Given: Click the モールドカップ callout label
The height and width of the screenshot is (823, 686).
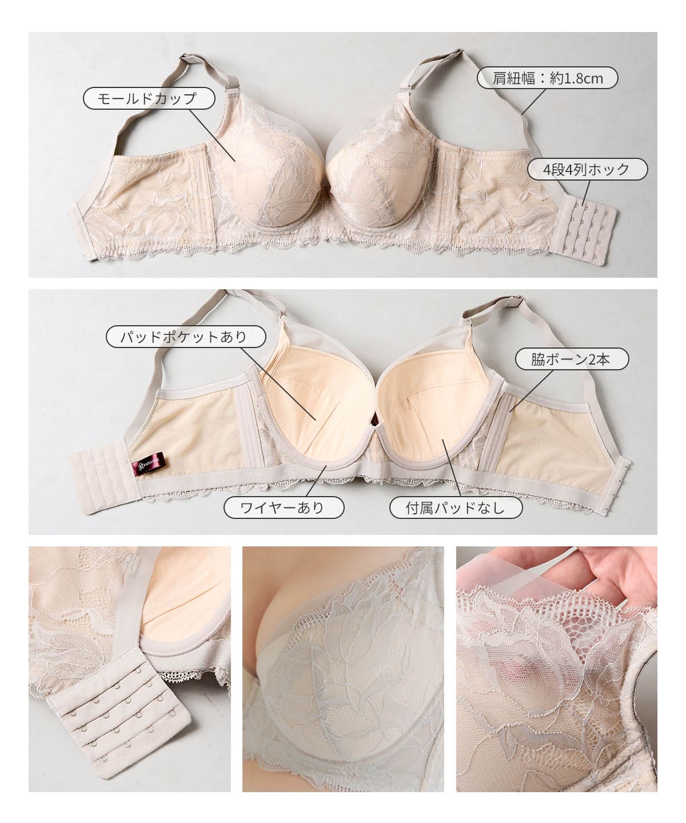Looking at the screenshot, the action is [149, 98].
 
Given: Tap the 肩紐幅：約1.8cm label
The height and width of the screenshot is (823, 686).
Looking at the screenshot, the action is [547, 78].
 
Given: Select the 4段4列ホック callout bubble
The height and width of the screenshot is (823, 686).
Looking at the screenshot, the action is [588, 170].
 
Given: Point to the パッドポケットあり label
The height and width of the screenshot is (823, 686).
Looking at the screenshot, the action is [186, 337].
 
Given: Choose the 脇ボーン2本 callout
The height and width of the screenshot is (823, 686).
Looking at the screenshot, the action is [572, 359].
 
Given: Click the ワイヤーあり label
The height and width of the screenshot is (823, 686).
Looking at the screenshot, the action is [284, 508].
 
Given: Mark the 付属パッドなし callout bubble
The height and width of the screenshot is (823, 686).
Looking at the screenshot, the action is [456, 508].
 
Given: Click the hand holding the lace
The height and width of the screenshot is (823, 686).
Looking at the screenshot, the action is [572, 573].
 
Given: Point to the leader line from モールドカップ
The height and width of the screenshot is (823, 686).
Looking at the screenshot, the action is [212, 135].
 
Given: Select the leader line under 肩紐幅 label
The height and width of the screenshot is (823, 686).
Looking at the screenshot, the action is [534, 102].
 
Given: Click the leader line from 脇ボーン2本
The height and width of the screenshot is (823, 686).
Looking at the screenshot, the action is [531, 390].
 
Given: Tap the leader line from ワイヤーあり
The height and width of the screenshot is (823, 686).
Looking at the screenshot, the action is [316, 481].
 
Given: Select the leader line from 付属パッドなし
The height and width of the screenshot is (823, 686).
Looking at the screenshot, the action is [451, 468].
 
